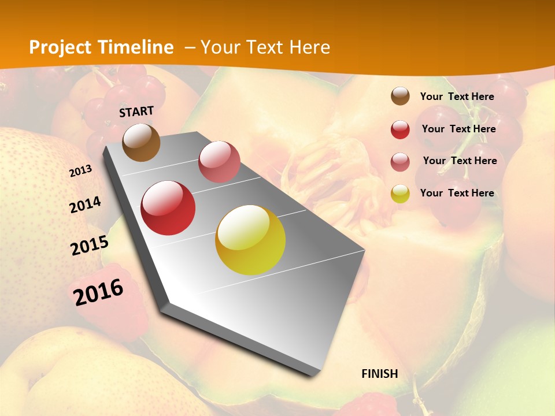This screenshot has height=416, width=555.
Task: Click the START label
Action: coord(136,112)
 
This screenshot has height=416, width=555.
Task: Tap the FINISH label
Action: coord(380,374)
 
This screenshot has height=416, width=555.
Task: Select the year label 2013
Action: coord(80,171)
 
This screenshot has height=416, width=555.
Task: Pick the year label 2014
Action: coord(85,205)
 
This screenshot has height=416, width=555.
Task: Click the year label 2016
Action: coord(98,292)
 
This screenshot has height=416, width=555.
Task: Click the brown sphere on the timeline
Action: coord(141,142)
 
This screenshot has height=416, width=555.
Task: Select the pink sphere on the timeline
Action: coord(219,162)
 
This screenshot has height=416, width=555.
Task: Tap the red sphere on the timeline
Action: coord(168,208)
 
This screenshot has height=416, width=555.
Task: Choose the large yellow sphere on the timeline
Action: coord(250,240)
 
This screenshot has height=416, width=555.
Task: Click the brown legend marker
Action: coord(400,96)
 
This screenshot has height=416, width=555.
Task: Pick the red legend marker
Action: coord(400,129)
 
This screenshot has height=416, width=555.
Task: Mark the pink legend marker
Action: coord(400,162)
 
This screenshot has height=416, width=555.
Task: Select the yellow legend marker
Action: coord(400,194)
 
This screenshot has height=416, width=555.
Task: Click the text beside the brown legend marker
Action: coord(457,96)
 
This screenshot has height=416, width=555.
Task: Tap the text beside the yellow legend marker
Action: coord(457,193)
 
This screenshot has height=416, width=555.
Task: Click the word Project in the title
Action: coord(60,47)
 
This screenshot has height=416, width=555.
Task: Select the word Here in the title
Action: coord(309,47)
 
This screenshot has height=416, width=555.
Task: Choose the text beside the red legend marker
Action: coord(458,129)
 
